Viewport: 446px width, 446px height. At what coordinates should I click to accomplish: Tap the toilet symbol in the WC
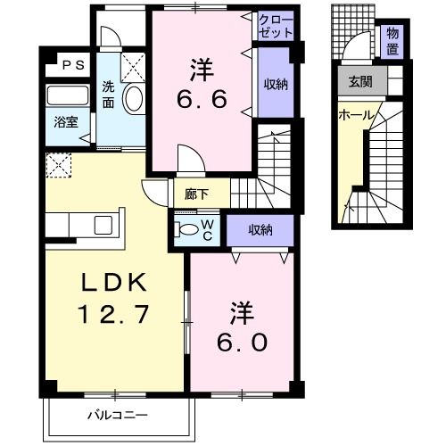186,229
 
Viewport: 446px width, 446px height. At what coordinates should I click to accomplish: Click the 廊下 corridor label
197,191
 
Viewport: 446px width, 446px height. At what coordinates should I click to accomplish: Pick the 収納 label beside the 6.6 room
275,84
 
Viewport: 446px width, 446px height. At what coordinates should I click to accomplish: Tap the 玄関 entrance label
361,83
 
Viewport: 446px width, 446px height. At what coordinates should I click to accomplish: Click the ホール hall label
355,116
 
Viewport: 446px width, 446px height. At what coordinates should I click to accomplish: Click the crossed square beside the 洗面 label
133,66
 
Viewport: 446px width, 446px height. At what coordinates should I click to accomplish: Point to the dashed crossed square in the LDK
58,163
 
